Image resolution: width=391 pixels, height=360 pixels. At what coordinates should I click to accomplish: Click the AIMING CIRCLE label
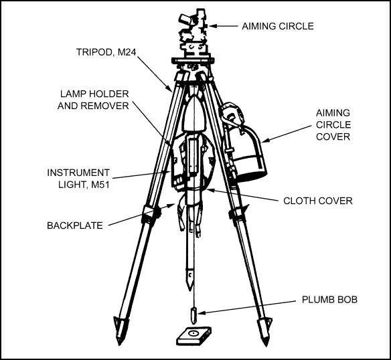coord(278,26)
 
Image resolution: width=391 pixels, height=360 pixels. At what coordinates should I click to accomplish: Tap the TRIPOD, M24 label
coord(106,52)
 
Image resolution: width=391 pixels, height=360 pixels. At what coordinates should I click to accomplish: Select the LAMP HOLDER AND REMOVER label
coord(93,100)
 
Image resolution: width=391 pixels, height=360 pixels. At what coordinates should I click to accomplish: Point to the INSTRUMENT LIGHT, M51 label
coord(78,179)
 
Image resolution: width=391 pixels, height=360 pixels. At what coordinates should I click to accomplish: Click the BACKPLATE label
coord(75,226)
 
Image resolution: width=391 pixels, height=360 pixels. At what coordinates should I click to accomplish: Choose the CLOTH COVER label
coord(317,201)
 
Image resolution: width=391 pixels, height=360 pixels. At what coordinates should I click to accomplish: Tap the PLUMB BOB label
coord(329,299)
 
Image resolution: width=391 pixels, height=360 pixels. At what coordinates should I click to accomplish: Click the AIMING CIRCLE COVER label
coord(333,124)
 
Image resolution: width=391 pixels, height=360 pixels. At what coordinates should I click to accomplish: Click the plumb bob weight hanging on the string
coord(193,315)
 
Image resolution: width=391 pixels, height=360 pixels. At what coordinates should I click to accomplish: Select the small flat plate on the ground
coord(194,336)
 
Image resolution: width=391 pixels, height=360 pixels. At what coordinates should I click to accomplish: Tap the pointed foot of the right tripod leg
coord(265,332)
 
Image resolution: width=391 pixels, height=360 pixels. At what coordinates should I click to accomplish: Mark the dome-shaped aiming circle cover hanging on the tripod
coord(247,150)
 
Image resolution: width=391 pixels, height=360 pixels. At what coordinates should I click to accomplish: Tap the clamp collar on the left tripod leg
coord(151,213)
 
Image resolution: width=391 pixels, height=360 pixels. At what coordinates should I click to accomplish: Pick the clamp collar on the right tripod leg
coord(236,213)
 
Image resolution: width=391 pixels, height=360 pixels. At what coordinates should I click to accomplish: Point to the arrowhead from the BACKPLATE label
coord(171,205)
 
